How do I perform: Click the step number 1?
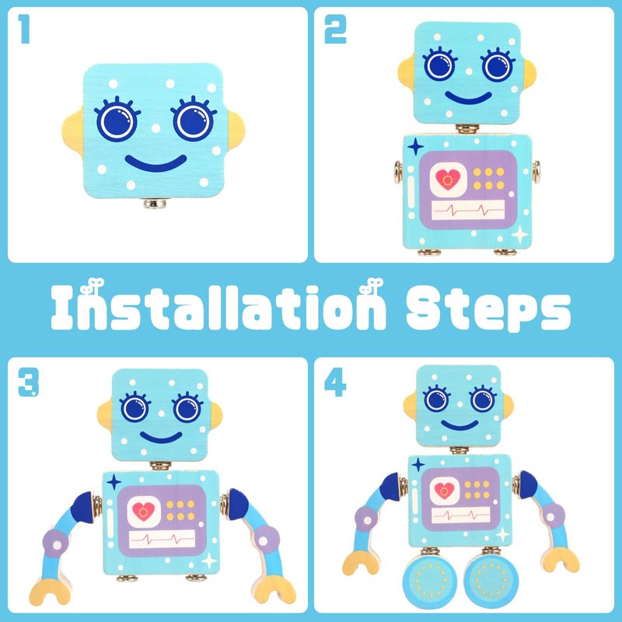click(x=25, y=29)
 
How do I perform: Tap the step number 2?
click(x=336, y=29)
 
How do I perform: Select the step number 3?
click(x=29, y=382)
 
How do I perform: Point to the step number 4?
click(x=335, y=382)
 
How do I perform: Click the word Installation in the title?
click(x=218, y=306)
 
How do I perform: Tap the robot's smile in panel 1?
click(x=156, y=163)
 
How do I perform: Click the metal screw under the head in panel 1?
click(x=155, y=204)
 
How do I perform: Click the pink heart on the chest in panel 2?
click(x=448, y=179)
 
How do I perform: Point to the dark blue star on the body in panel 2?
click(x=415, y=147)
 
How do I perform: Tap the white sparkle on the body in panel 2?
click(x=519, y=234)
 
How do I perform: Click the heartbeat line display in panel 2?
click(x=468, y=209)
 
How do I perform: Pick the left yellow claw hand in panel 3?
click(x=50, y=591)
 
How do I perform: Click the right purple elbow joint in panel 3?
click(x=267, y=540)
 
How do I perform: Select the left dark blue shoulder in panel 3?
click(x=82, y=508)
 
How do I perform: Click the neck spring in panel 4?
click(x=460, y=450)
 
